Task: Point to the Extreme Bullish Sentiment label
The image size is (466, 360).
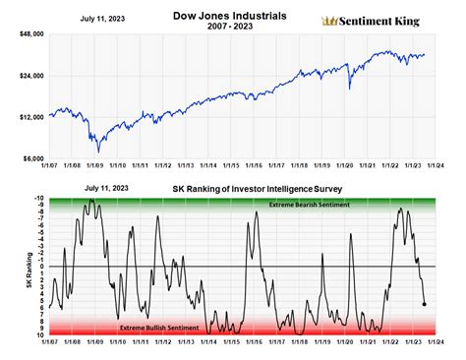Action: (x=159, y=327)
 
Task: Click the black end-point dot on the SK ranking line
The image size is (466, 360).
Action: (x=424, y=304)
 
